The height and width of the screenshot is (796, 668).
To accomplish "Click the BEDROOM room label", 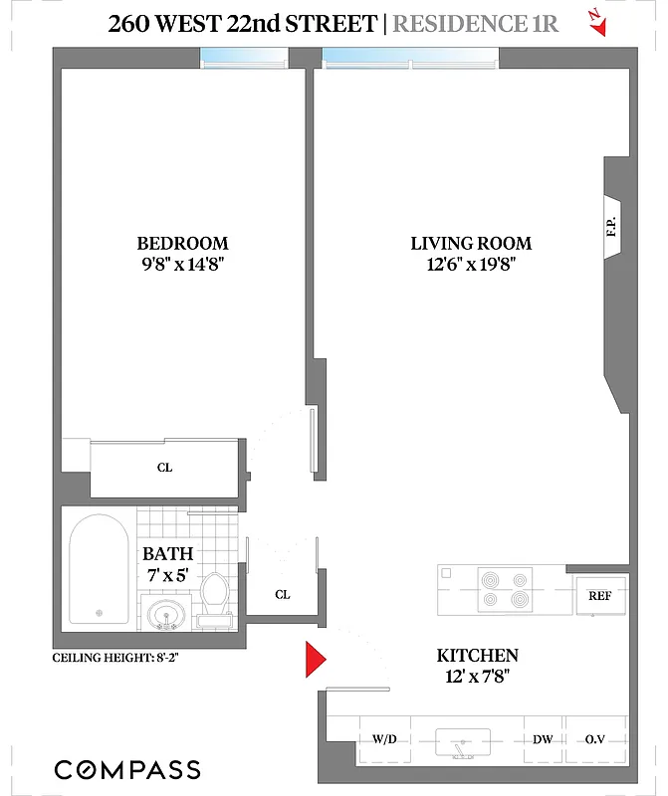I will tap(182, 243).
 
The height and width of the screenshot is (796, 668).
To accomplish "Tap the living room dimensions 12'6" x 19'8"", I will tap(471, 265).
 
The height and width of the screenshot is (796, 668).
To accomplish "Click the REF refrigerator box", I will tap(599, 597).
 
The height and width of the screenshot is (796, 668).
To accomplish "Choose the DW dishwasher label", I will tap(544, 739).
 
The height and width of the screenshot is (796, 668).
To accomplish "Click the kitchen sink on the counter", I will tap(463, 741).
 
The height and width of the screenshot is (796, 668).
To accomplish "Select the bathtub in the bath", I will tap(99, 570).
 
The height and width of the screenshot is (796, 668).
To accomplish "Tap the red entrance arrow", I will tap(315, 660).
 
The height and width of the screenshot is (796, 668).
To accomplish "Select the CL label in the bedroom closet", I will tap(164, 467).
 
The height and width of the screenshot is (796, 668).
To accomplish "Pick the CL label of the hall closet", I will tap(282, 595).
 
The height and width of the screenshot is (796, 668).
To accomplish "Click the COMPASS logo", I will tap(126, 769).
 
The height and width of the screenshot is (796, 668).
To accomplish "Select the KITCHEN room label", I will tap(477, 655).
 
